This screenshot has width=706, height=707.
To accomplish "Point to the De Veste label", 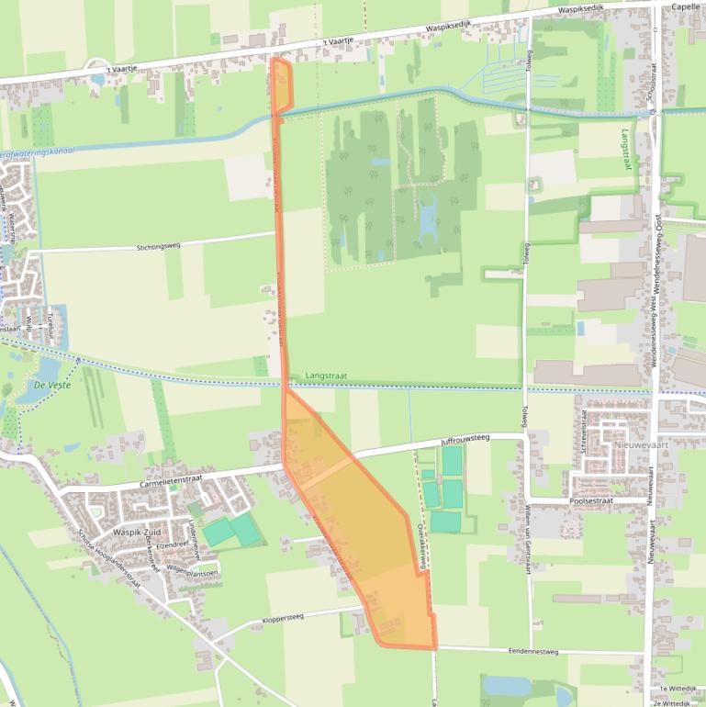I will pos(53,385).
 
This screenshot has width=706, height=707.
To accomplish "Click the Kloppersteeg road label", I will pos(283,618).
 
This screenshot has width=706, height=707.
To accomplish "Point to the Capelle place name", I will pos(686,6).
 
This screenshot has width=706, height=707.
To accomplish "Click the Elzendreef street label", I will pos(172,544).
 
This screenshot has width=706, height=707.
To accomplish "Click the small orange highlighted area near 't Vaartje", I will pos(281,85).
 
